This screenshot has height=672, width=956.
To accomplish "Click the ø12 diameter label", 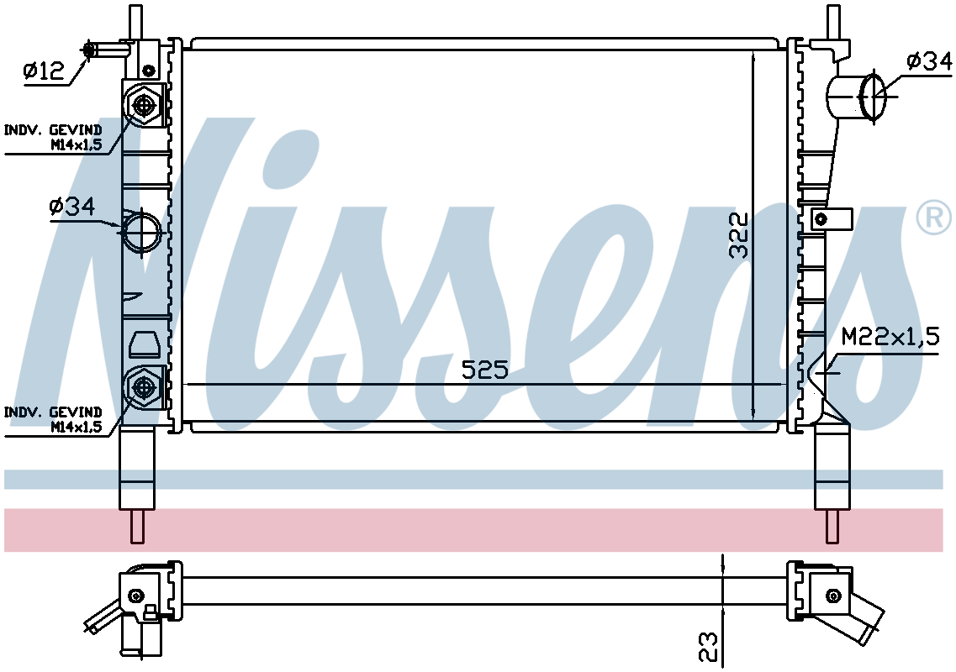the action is pyautogui.click(x=43, y=71).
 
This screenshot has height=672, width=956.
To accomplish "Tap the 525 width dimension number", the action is pyautogui.click(x=484, y=370).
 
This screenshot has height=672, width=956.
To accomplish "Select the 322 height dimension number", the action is pyautogui.click(x=739, y=235).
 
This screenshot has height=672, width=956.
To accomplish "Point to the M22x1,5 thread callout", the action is pyautogui.click(x=890, y=336).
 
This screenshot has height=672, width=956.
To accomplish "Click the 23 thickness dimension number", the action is pyautogui.click(x=709, y=647).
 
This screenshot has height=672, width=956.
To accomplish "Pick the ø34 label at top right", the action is pyautogui.click(x=928, y=61).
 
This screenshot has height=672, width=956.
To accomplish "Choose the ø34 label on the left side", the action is pyautogui.click(x=72, y=207).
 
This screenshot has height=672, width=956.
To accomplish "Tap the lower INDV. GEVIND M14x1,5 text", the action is pyautogui.click(x=53, y=419).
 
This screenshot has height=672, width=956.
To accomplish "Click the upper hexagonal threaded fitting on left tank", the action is pyautogui.click(x=144, y=105).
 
